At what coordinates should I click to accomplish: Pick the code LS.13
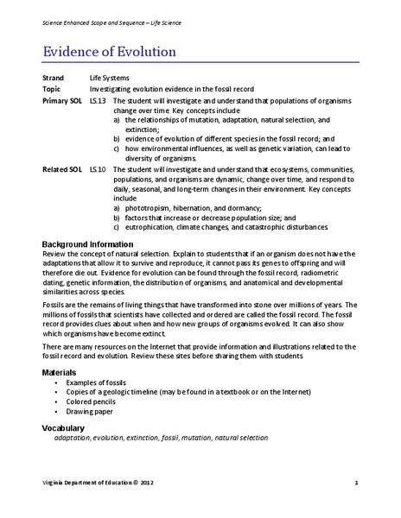point(99,101)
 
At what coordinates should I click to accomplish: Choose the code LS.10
point(99,169)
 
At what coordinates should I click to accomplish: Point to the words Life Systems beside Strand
point(109,78)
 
